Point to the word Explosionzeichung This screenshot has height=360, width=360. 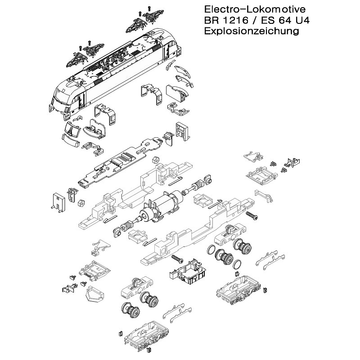(252, 31)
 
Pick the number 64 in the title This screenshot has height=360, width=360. (284, 20)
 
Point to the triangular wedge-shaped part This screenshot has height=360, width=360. (92, 294)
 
